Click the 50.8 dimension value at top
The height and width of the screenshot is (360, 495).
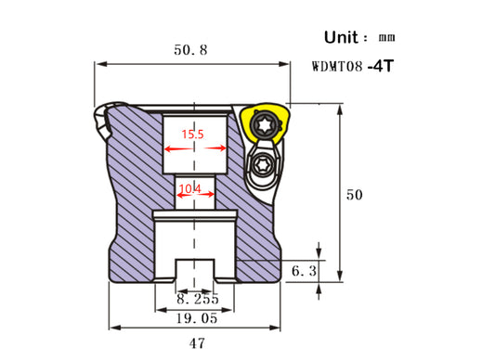(x=190, y=50)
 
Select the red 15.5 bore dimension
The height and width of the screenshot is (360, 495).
(x=192, y=135)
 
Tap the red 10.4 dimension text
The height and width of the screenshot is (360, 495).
(x=189, y=188)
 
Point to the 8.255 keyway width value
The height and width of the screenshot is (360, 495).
(x=198, y=299)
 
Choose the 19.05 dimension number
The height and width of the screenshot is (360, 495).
(x=197, y=318)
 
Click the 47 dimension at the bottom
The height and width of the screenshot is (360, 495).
(x=197, y=343)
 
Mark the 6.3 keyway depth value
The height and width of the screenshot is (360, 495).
(x=304, y=271)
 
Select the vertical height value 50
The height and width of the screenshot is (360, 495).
(x=354, y=195)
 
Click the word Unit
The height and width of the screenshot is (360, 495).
(x=341, y=37)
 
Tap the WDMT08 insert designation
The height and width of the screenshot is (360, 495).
(x=337, y=67)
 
